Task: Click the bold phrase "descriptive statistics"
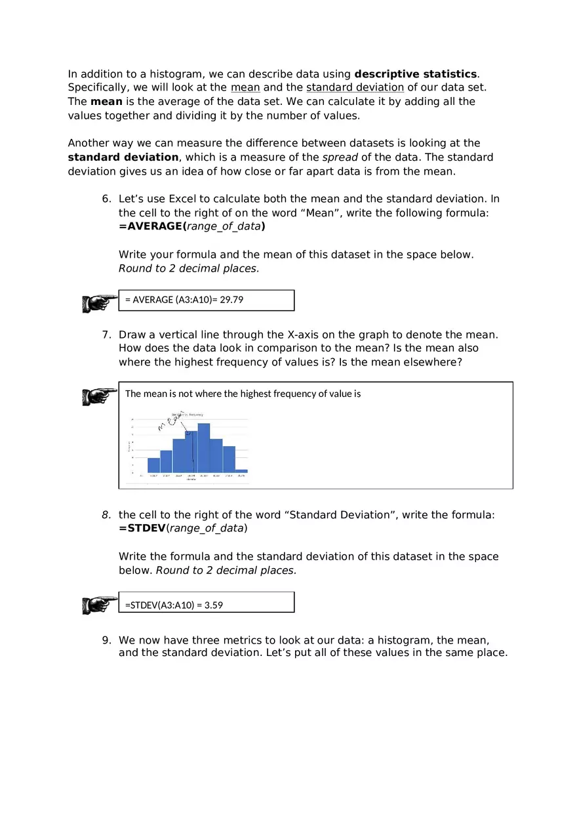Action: click(416, 74)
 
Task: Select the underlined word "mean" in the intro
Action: click(245, 88)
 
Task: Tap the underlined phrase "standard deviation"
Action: click(355, 88)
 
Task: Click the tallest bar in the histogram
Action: click(203, 447)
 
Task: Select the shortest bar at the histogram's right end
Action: click(241, 471)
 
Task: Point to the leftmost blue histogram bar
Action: click(153, 465)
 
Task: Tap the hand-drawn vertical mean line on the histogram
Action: click(192, 453)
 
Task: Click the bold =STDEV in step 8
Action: click(142, 528)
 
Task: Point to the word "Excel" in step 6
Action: click(183, 199)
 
